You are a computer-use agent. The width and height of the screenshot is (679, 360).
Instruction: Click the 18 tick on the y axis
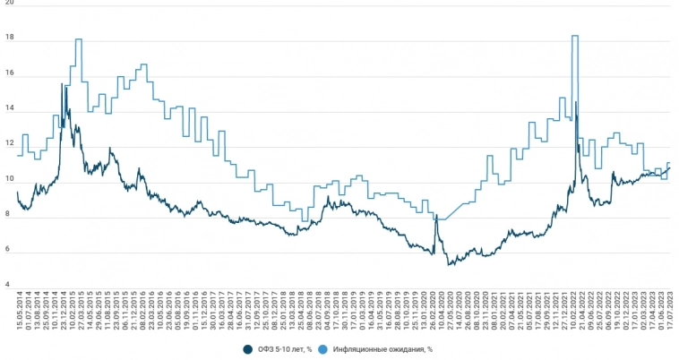pyautogui.click(x=9, y=40)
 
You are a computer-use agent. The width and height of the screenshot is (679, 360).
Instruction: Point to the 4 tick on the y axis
pyautogui.click(x=9, y=286)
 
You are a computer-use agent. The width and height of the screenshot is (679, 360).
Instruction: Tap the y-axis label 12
pyautogui.click(x=9, y=143)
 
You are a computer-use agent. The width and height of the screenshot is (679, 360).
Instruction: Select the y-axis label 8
pyautogui.click(x=9, y=215)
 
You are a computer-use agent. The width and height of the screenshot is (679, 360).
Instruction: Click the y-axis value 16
pyautogui.click(x=9, y=75)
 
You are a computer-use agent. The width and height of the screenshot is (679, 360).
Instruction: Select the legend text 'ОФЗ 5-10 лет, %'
pyautogui.click(x=284, y=348)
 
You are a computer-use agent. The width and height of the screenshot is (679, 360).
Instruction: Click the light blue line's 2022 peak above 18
pyautogui.click(x=574, y=36)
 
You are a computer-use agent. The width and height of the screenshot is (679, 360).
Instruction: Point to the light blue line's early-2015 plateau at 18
pyautogui.click(x=79, y=39)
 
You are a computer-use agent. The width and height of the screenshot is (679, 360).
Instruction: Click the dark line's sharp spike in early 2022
pyautogui.click(x=575, y=103)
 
